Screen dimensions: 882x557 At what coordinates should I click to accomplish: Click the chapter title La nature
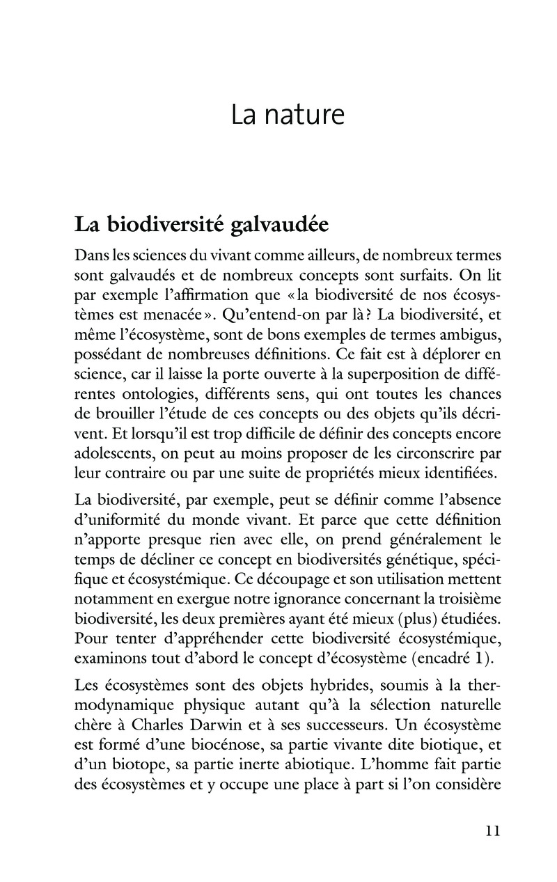pos(288,114)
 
